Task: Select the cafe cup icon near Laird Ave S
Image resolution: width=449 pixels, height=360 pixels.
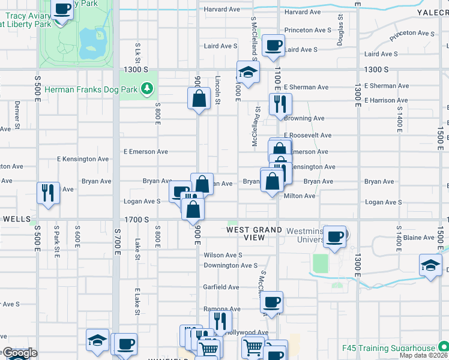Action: coord(274,46)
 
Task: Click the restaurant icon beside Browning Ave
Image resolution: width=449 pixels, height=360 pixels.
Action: coord(280,104)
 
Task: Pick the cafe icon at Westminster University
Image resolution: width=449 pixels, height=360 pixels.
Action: coord(335,236)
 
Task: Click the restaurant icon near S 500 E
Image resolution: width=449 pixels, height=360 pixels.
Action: coord(47,193)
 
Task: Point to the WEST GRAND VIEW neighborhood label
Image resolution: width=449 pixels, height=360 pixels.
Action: coord(255,233)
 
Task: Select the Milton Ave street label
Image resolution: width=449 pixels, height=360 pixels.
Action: coord(300,196)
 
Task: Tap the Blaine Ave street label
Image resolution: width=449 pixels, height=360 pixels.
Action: coord(419,238)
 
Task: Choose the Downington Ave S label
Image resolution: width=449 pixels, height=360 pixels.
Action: coord(231,265)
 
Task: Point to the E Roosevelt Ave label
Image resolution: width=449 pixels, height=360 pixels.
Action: coord(307,136)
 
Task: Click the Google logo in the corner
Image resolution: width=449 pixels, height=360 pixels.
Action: coord(19,353)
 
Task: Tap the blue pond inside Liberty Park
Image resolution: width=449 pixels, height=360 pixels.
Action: coord(92,41)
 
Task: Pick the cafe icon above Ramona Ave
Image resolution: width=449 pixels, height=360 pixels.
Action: coord(272,302)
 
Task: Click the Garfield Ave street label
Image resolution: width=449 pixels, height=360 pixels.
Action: coord(221,287)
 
